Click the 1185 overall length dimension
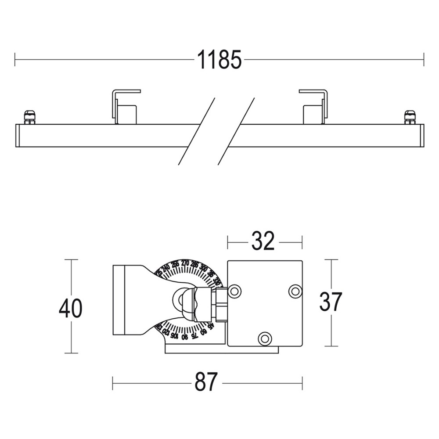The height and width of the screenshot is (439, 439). pyautogui.click(x=219, y=60)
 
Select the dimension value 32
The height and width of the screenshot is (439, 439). pyautogui.click(x=263, y=241)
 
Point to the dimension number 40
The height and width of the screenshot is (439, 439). pyautogui.click(x=70, y=308)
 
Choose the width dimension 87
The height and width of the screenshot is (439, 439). pyautogui.click(x=206, y=382)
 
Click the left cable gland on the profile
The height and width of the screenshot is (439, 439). pyautogui.click(x=29, y=117)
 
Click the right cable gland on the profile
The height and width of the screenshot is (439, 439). pyautogui.click(x=410, y=117)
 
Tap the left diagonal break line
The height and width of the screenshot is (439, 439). pyautogui.click(x=196, y=131)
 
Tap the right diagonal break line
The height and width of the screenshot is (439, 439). pyautogui.click(x=236, y=131)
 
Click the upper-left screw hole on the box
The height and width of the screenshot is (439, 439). pyautogui.click(x=234, y=291)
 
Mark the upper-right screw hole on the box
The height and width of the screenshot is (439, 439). pyautogui.click(x=295, y=291)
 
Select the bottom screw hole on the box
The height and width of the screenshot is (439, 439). pyautogui.click(x=264, y=338)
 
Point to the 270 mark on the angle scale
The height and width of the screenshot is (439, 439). pyautogui.click(x=185, y=263)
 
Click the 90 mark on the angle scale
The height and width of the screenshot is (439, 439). pyautogui.click(x=184, y=337)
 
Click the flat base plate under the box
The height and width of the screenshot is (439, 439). pyautogui.click(x=222, y=349)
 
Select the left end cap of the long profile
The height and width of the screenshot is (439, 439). pyautogui.click(x=18, y=135)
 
